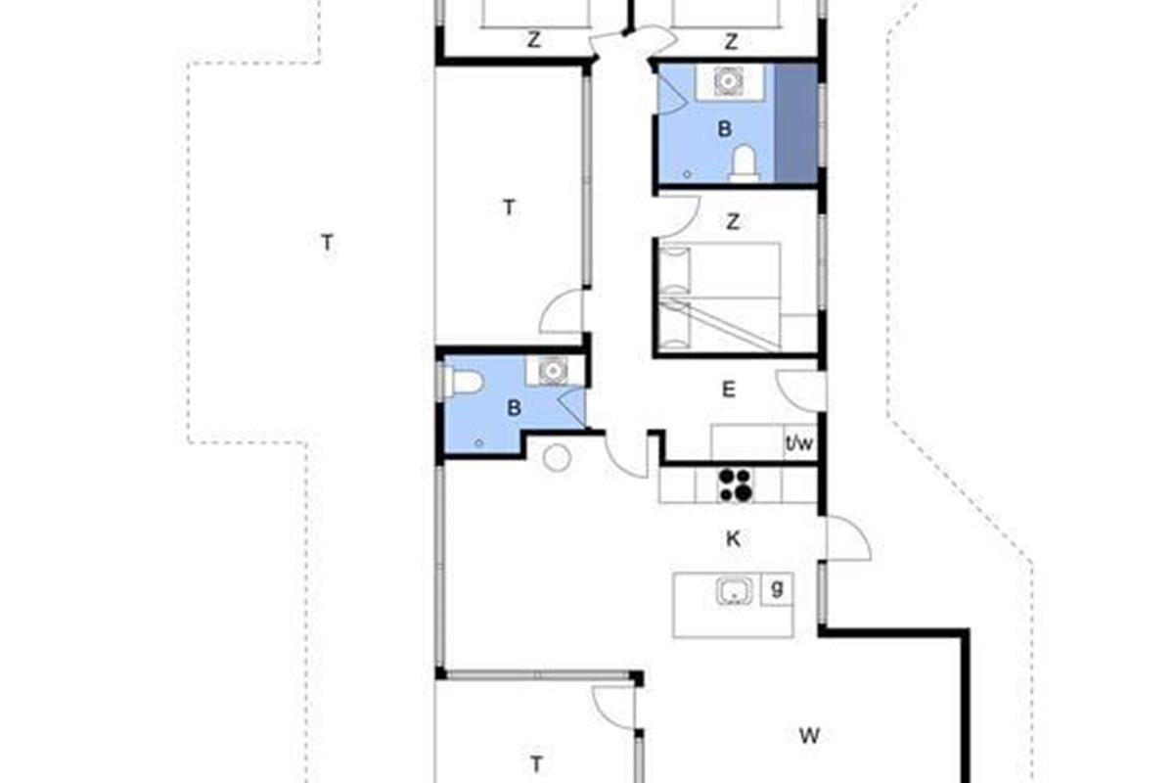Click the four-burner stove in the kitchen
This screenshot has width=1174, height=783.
736,485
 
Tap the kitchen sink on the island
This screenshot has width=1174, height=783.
735,591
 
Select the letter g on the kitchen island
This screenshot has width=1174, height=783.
777,589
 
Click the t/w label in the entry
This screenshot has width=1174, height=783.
799,443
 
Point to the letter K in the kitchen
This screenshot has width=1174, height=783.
733,538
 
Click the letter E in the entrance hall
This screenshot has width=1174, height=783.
729,390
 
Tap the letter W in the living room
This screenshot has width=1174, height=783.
809,736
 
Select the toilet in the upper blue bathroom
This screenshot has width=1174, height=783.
745,163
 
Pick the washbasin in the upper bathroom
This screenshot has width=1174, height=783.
729,81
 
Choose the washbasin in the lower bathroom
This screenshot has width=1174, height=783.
553,371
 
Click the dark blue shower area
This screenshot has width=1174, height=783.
796,123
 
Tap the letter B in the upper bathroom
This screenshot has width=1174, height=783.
724,129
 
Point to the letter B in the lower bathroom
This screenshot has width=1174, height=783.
515,408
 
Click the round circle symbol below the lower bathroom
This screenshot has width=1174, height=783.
557,458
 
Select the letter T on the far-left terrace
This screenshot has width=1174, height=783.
328,243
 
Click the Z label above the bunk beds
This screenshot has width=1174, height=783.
733,222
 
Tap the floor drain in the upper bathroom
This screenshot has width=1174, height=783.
687,174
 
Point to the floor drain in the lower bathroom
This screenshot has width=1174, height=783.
478,443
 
